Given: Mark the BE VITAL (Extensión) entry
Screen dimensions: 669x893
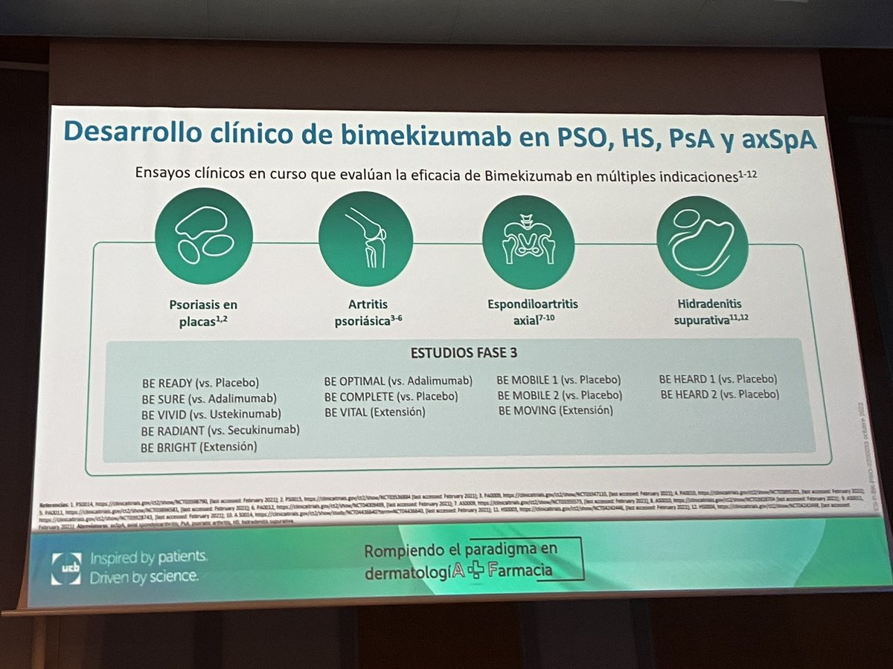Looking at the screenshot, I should coord(374,412).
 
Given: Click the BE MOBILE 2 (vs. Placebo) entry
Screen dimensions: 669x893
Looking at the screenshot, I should coord(560,395).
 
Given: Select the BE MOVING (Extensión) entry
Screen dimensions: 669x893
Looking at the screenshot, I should coord(555,410).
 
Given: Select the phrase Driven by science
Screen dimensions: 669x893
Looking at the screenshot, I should coord(144,577).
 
